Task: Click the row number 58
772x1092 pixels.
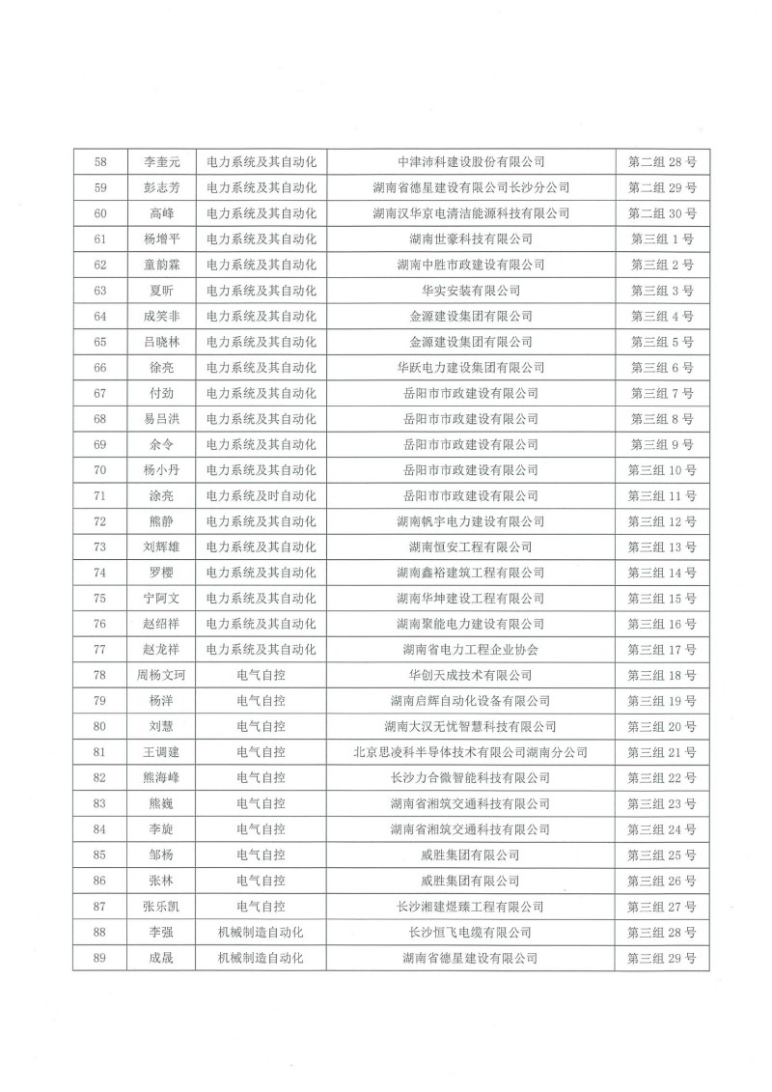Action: point(100,160)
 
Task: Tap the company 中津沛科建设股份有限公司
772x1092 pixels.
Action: point(471,160)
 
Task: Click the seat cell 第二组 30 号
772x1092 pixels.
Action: point(662,212)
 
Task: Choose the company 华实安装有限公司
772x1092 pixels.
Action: point(471,290)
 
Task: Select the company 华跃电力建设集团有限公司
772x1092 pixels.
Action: point(471,368)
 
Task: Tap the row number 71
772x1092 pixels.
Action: point(100,496)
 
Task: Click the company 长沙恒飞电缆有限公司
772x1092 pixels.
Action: point(471,933)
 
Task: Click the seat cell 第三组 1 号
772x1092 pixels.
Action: point(662,238)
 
